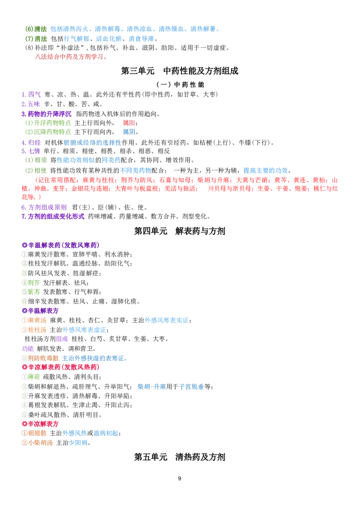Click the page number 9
tap(180, 478)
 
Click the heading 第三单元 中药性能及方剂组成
tap(180, 71)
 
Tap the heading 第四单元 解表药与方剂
tap(180, 231)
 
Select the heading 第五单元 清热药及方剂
tap(180, 457)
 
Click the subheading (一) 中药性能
tap(180, 85)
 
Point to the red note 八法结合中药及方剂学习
tap(71, 57)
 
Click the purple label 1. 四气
tap(31, 95)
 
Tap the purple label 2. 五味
tap(31, 104)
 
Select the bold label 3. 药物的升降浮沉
tap(46, 114)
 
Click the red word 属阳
tap(129, 123)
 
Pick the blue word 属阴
tap(129, 132)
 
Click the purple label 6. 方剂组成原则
tap(44, 207)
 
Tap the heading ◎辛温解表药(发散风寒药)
tap(60, 245)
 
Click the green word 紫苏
tap(34, 292)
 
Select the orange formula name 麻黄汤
tap(37, 320)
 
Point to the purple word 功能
tap(27, 349)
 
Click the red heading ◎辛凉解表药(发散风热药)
tap(60, 367)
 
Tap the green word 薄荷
tap(34, 377)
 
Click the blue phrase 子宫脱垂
tap(192, 387)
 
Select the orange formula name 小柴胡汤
tap(40, 443)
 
